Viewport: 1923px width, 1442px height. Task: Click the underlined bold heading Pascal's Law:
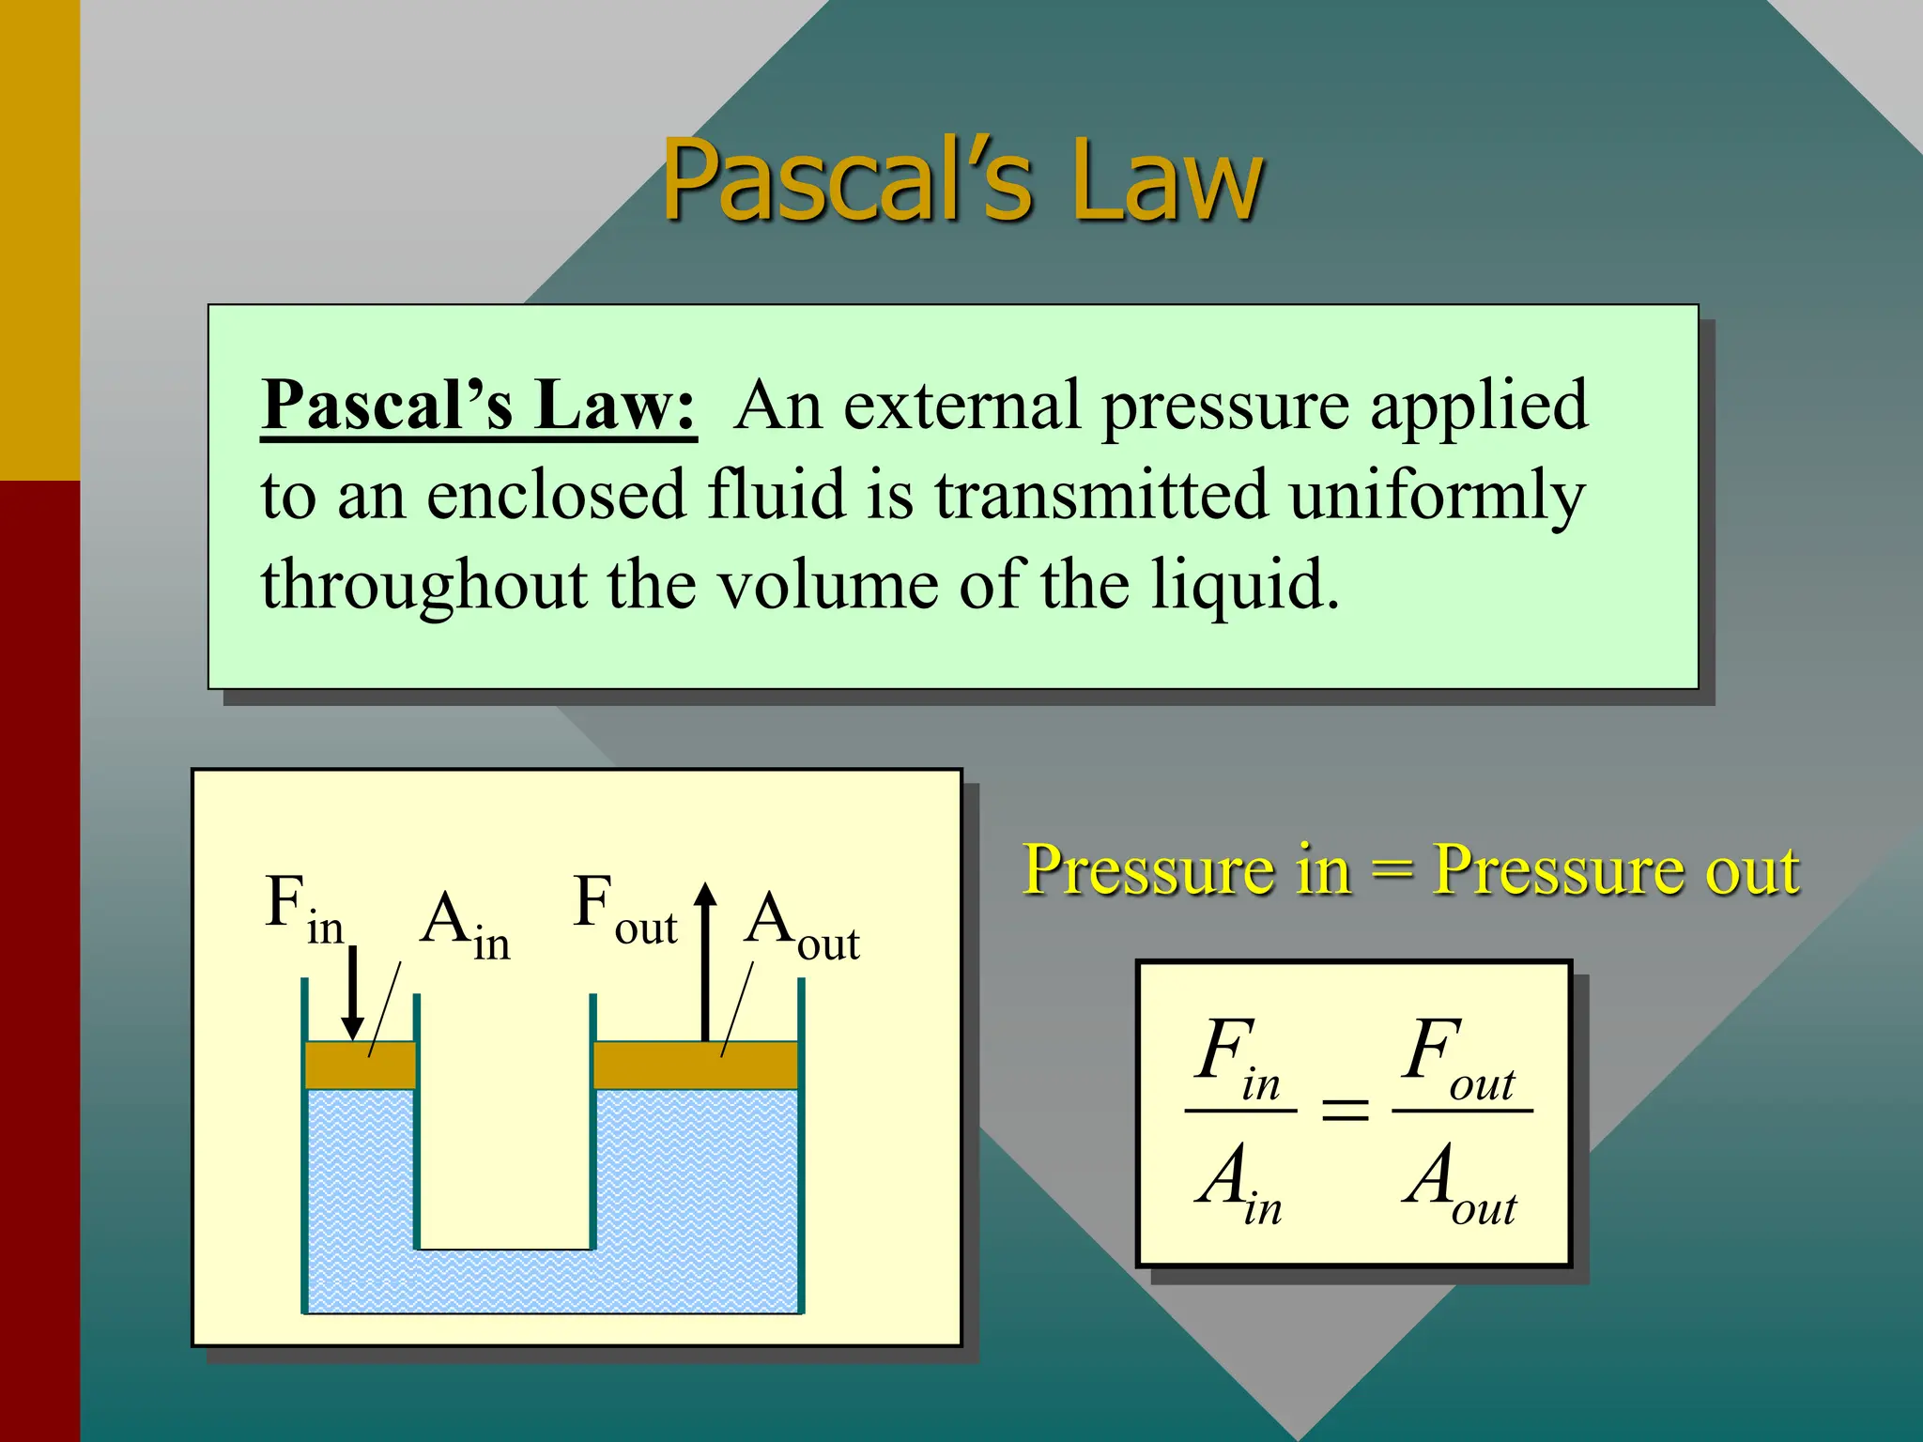tap(479, 406)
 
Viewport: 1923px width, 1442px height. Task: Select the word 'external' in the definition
tap(961, 406)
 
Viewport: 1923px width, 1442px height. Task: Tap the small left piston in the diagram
tap(361, 1066)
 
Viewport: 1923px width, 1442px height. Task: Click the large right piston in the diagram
tap(696, 1066)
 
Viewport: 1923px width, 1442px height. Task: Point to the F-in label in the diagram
tap(303, 909)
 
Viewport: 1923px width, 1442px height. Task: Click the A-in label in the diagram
tap(466, 926)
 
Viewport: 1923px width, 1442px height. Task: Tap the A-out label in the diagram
tap(802, 926)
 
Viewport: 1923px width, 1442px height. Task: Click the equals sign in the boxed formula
tap(1345, 1112)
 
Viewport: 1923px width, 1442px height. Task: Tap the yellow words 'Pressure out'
tap(1615, 869)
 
